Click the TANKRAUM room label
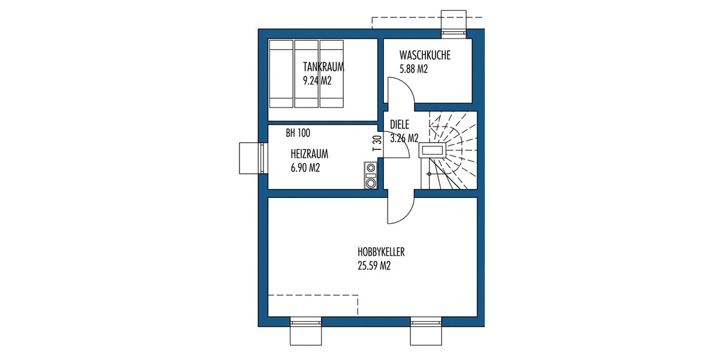pos(323,66)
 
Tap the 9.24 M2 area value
pos(317,79)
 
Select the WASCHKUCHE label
pos(425,56)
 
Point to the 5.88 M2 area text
pos(413,69)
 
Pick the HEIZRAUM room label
pos(309,154)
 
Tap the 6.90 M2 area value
pos(305,168)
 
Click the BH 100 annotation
pos(298,133)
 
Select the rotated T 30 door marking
pos(377,142)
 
